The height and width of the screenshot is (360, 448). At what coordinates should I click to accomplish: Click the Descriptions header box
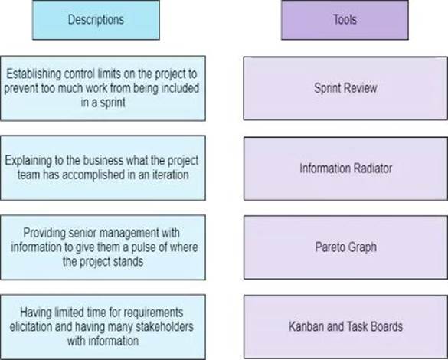point(96,20)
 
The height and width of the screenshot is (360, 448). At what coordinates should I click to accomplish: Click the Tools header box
point(345,20)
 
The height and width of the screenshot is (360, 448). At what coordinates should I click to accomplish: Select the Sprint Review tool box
point(345,88)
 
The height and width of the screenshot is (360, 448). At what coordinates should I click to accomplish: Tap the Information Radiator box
point(345,169)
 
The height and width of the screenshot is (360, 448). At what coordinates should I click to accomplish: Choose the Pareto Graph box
point(345,247)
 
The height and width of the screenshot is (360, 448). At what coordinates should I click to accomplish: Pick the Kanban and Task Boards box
point(345,326)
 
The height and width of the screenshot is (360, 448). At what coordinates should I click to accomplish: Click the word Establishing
point(34,74)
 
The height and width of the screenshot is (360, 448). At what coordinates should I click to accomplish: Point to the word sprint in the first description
point(113,103)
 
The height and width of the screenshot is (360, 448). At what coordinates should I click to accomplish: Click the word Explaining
point(28,161)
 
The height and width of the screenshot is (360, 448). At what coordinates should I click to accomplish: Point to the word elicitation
point(31,326)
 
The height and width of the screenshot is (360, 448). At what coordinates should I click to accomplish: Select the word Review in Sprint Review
point(363,88)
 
